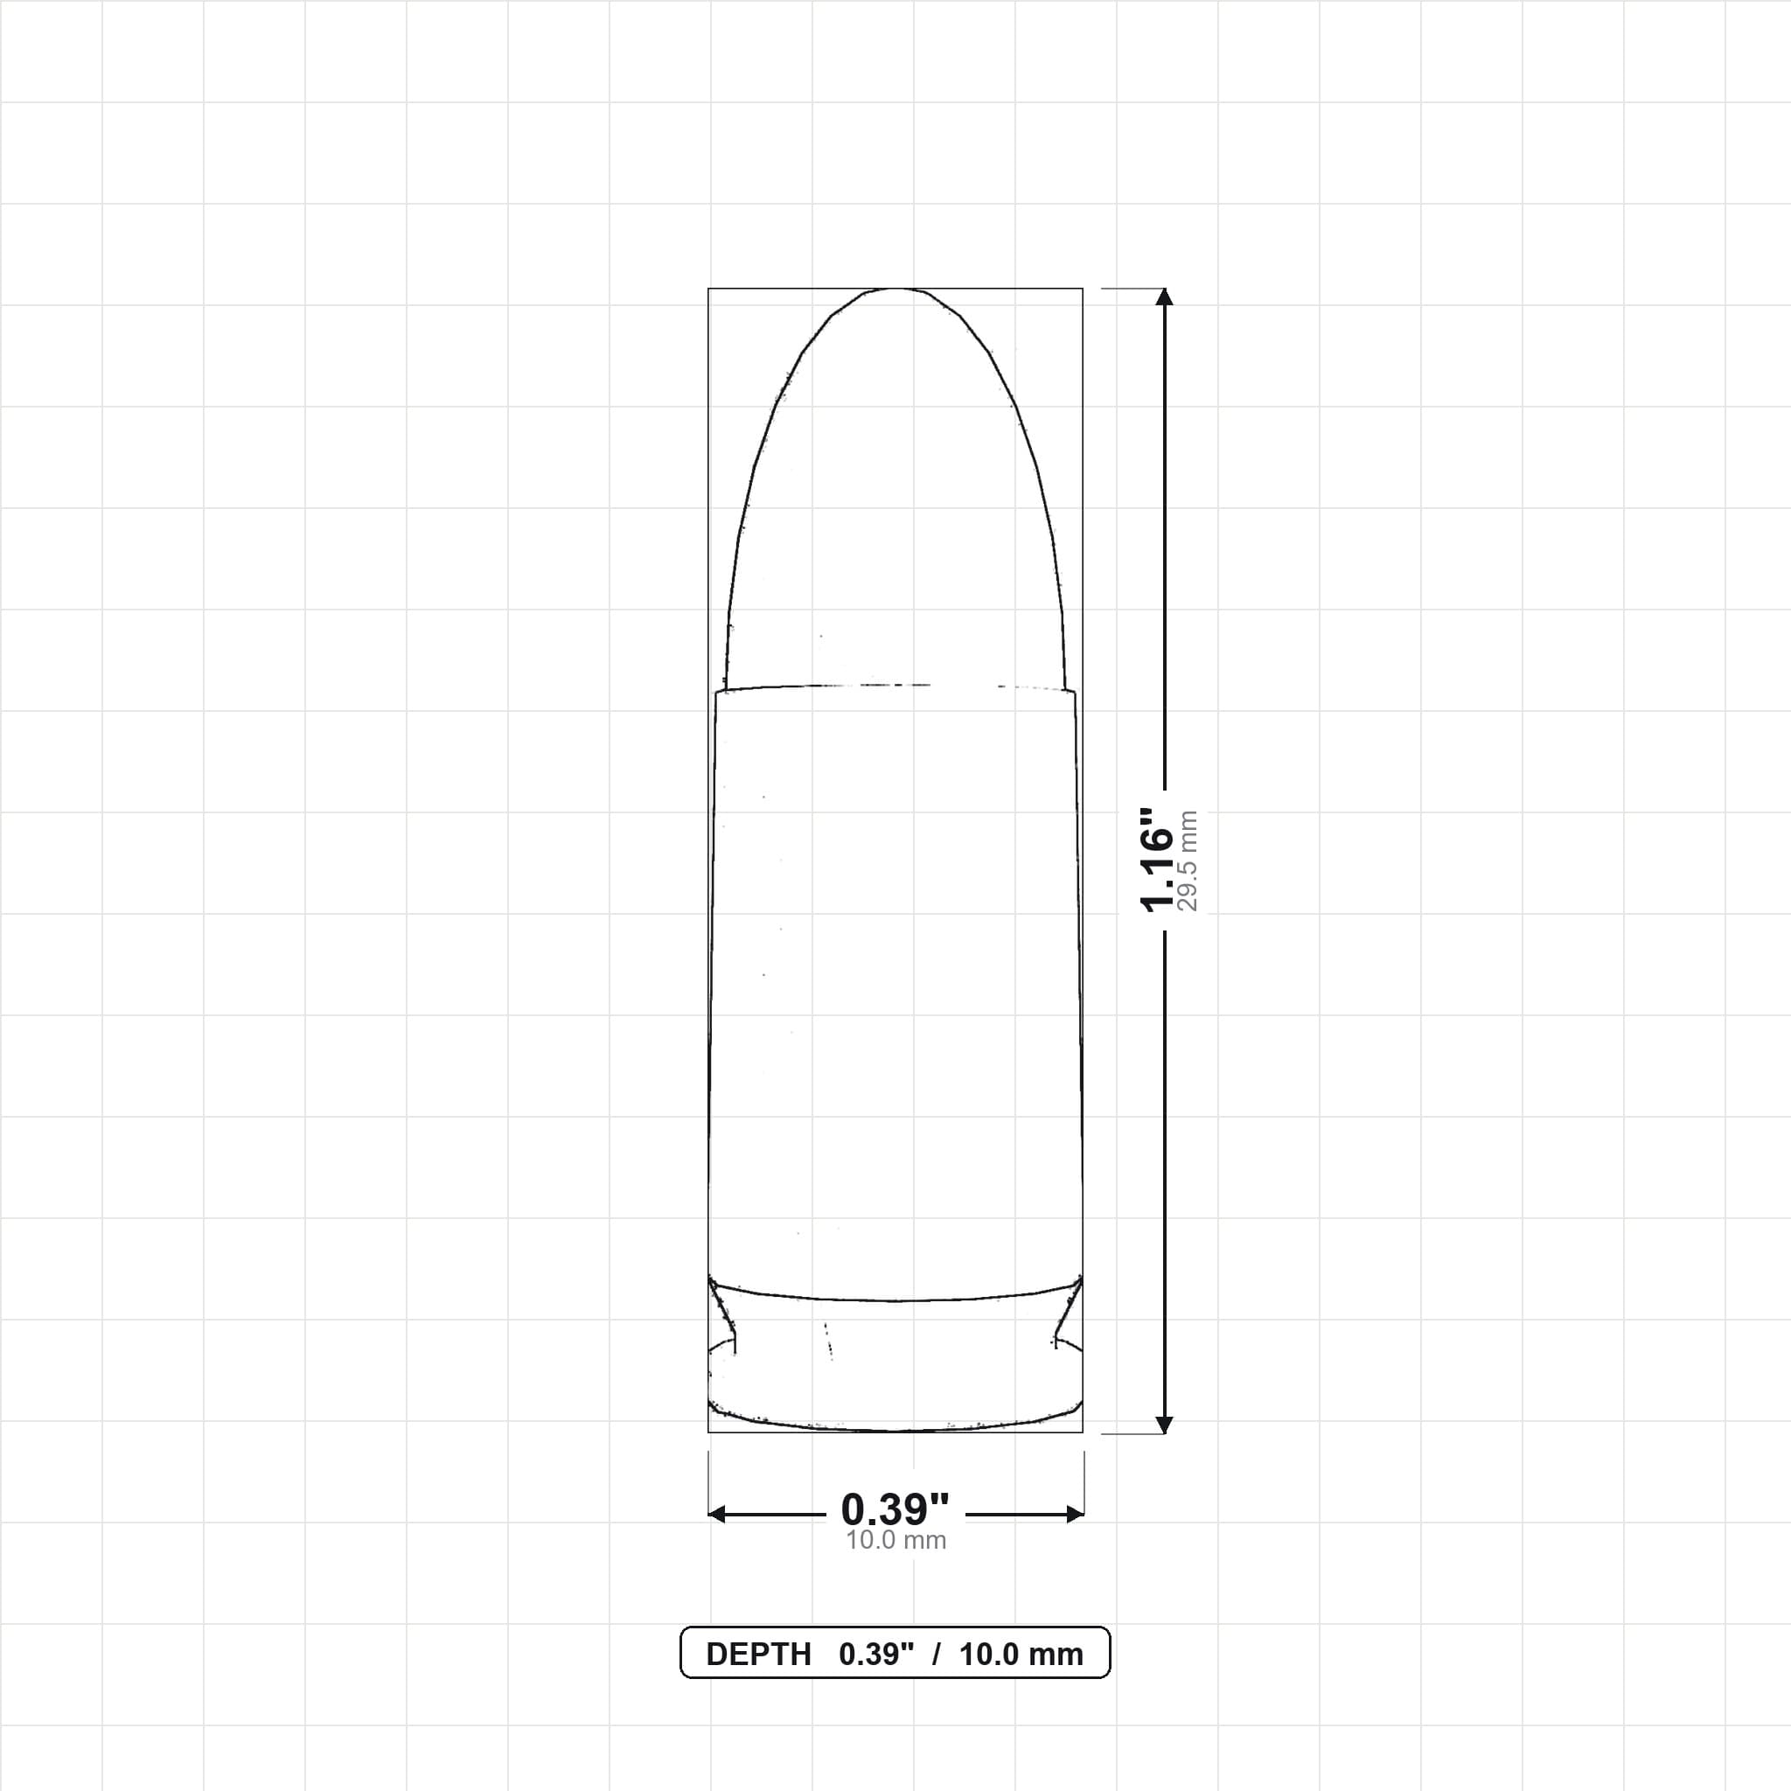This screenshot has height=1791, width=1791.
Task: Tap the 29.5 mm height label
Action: click(1188, 861)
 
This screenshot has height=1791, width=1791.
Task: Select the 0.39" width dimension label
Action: click(895, 1510)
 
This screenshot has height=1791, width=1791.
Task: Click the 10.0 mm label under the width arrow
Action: click(895, 1541)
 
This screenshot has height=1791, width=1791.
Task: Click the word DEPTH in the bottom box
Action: click(758, 1655)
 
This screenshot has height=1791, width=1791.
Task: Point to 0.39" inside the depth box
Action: click(876, 1654)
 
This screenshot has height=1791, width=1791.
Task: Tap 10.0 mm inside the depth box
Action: click(1021, 1655)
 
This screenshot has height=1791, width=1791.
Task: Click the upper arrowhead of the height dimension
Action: click(1165, 296)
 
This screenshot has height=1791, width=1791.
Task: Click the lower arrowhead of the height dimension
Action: click(1165, 1425)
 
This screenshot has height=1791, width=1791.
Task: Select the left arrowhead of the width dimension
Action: click(716, 1515)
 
